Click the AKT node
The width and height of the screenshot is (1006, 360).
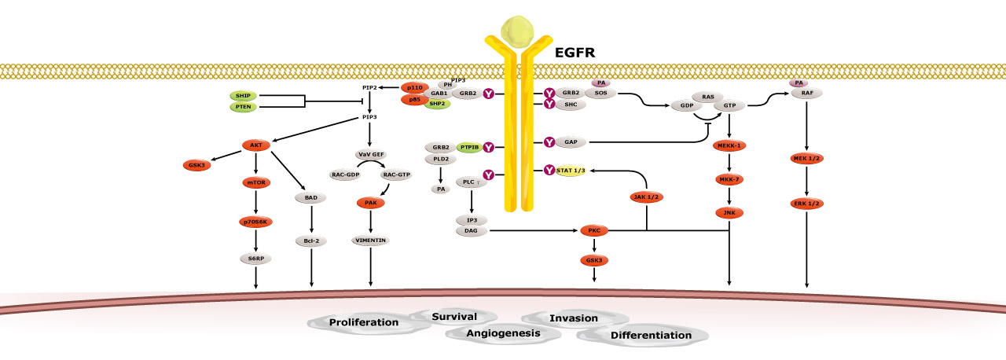[256, 145]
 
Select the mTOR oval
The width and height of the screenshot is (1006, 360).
[256, 182]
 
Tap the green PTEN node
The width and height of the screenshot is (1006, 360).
[241, 107]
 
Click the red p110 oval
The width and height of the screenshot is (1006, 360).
[415, 87]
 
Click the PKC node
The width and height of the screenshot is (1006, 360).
[594, 231]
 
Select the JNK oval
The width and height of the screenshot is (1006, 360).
[730, 212]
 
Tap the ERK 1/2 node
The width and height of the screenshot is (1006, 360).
[806, 204]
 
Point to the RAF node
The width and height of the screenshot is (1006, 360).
[806, 93]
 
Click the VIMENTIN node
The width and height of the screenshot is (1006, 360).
[370, 241]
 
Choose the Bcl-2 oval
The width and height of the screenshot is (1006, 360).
[312, 241]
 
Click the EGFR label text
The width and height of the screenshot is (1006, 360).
[573, 53]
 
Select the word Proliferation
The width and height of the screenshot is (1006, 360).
[364, 322]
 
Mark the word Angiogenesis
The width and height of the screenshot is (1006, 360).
[504, 333]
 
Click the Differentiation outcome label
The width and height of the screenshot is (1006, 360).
[641, 335]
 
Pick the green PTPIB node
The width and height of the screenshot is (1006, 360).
[468, 147]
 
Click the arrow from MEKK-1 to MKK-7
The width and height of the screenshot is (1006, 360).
[730, 162]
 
